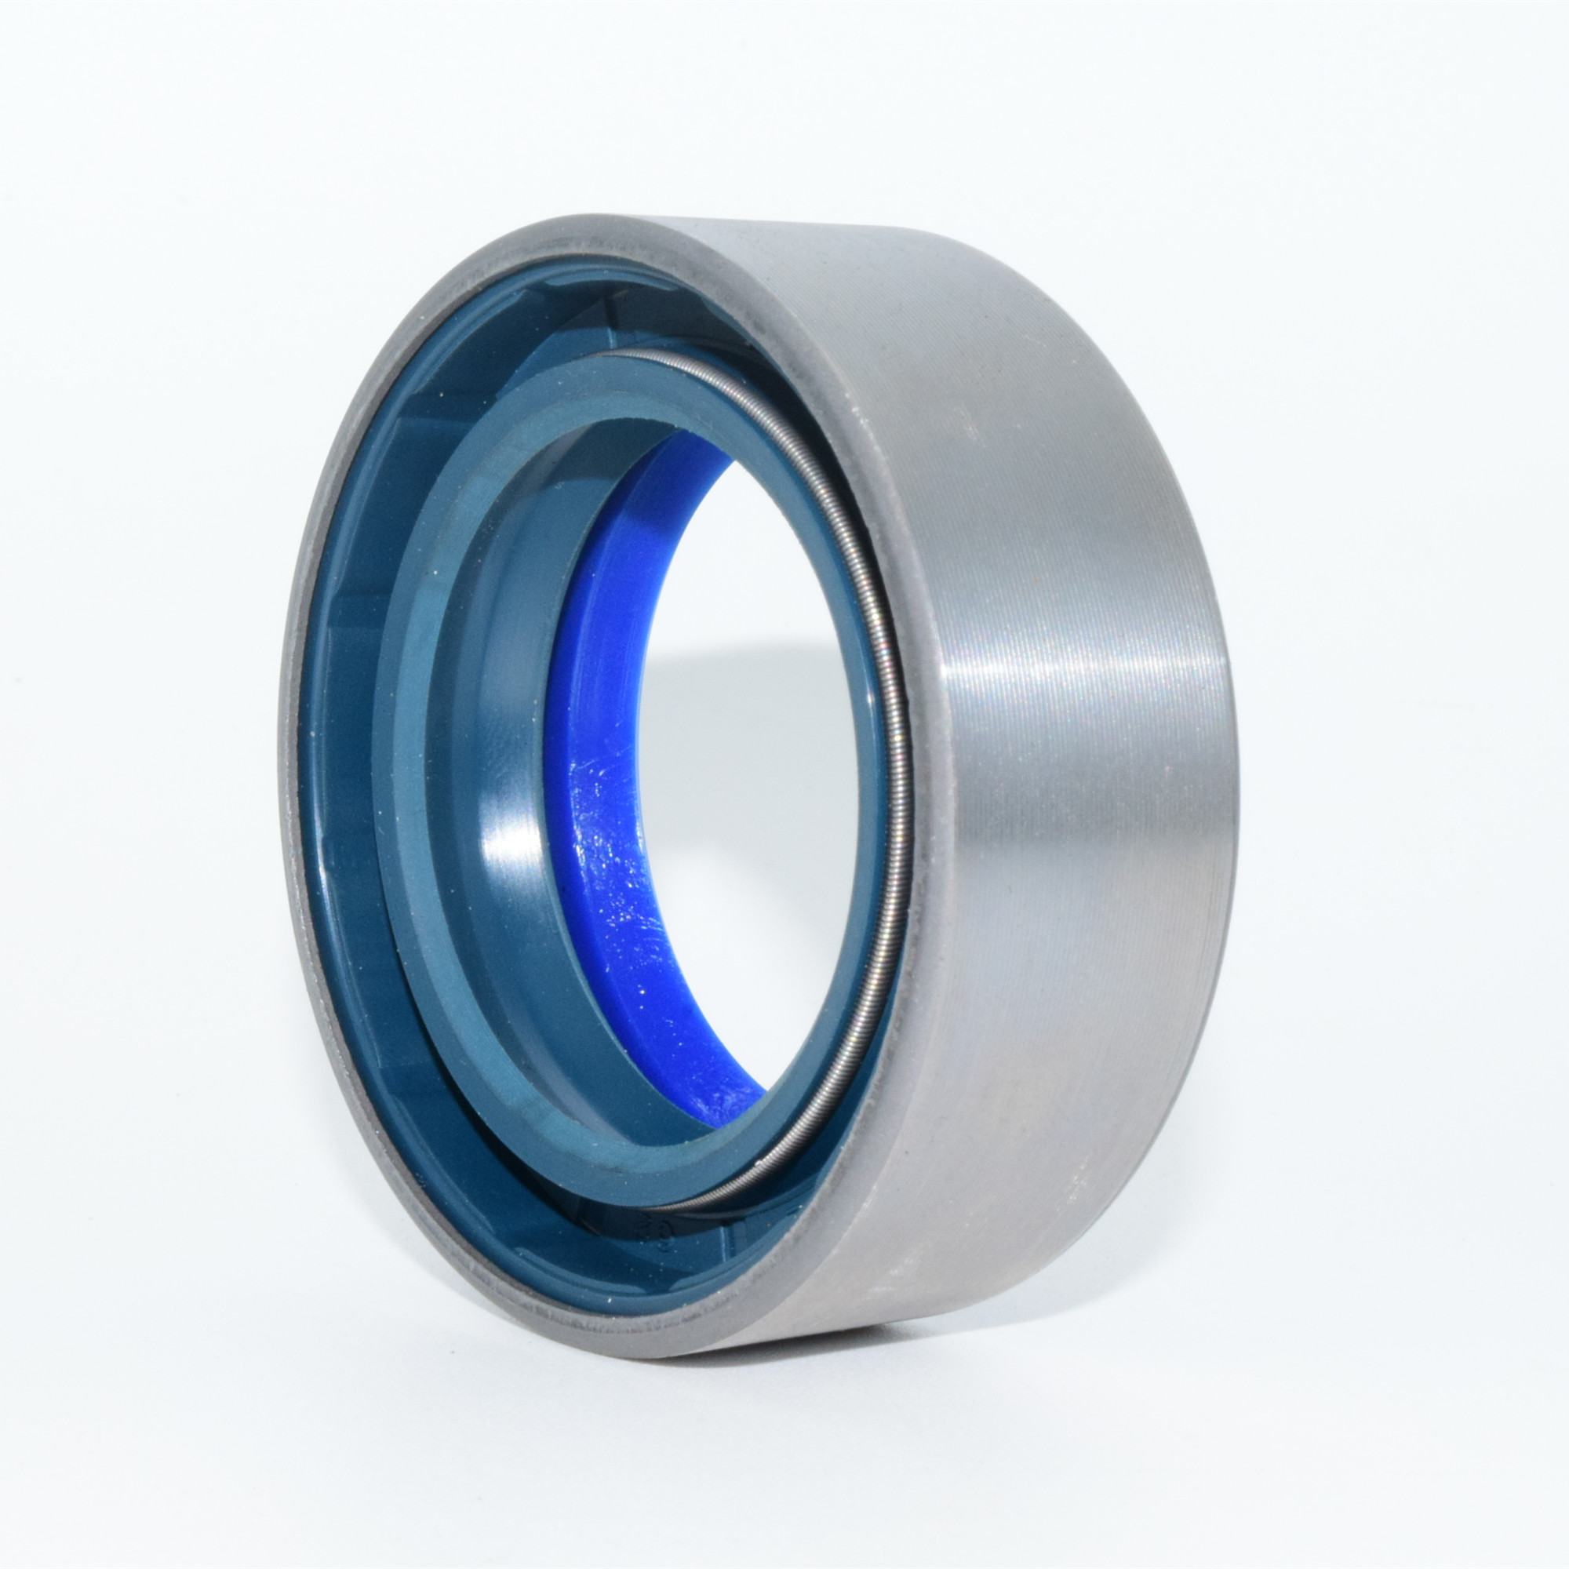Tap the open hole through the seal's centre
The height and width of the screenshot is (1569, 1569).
(x=747, y=771)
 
